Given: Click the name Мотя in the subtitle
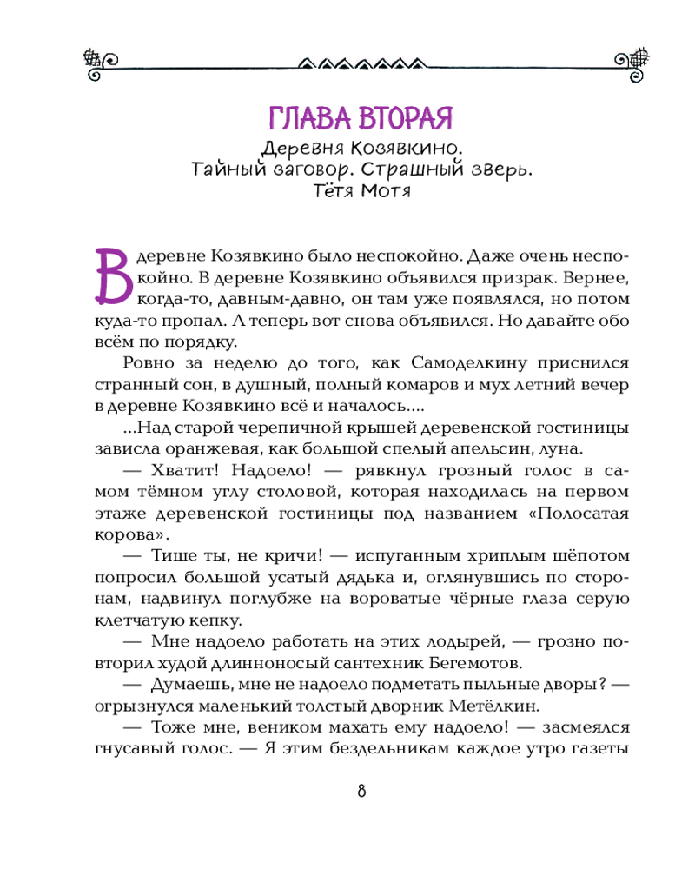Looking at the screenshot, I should pos(385,191).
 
